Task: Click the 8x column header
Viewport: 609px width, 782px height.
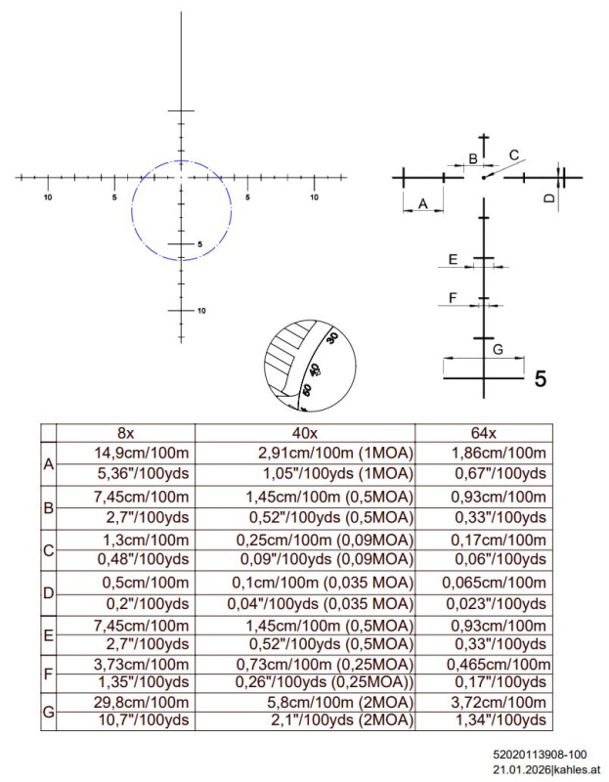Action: pos(126,433)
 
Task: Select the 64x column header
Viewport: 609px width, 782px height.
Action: pos(484,433)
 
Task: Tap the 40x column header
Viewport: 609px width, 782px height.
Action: pos(304,433)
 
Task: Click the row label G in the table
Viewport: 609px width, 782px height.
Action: pos(48,712)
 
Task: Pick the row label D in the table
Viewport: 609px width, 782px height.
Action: pos(48,593)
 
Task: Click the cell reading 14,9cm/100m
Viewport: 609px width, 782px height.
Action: pos(142,454)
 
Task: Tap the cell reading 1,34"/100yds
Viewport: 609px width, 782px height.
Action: pos(500,720)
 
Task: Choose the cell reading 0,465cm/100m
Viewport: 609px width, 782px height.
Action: pos(499,665)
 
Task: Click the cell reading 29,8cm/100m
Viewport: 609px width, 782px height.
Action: pos(142,702)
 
